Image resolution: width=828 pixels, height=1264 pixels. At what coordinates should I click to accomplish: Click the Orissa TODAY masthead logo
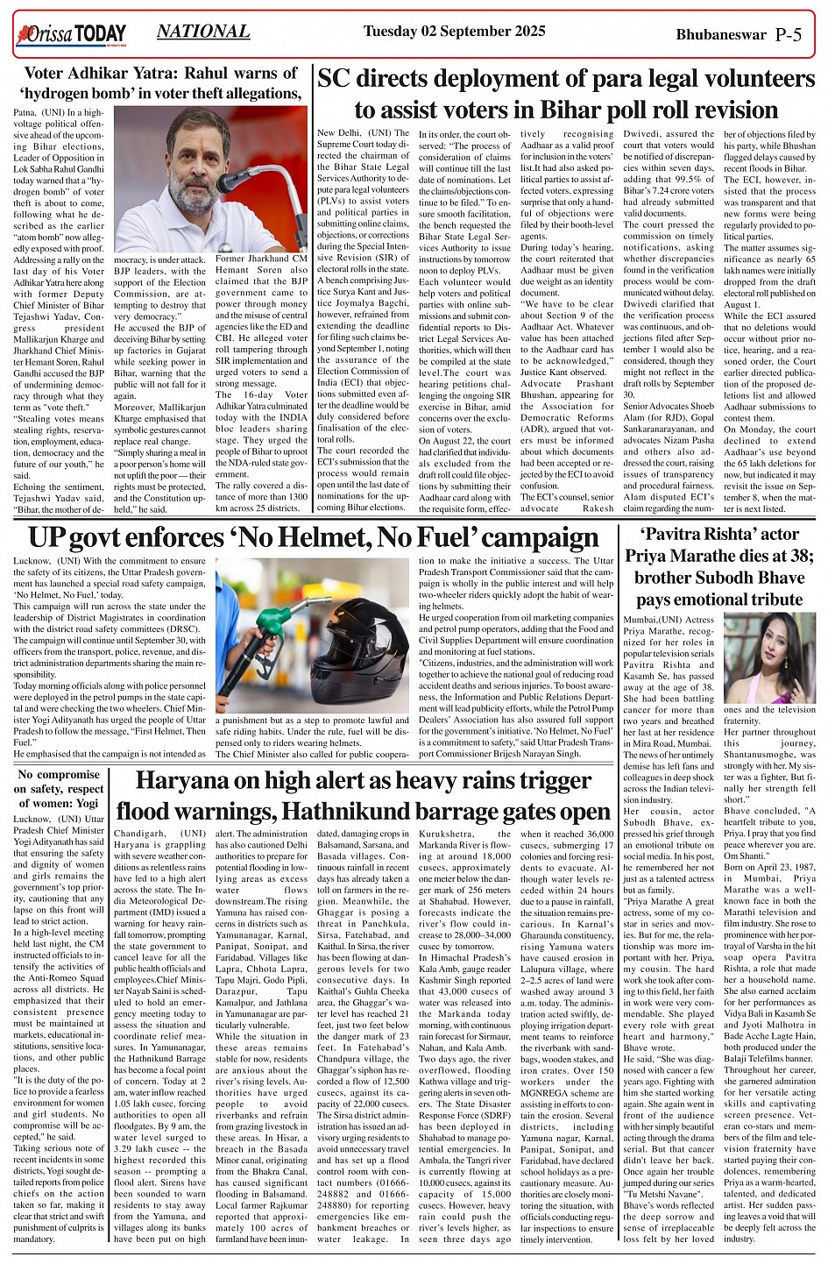70,34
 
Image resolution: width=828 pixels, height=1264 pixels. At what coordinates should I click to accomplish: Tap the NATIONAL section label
203,32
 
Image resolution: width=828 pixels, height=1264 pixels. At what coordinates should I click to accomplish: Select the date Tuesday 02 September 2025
454,32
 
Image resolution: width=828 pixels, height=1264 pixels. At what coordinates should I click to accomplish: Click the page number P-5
788,35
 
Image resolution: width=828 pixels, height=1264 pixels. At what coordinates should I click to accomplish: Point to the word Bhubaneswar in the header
720,36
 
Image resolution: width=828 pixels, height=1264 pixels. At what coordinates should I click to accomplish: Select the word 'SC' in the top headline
335,80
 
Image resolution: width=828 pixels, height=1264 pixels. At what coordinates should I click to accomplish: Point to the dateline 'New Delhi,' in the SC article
336,131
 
